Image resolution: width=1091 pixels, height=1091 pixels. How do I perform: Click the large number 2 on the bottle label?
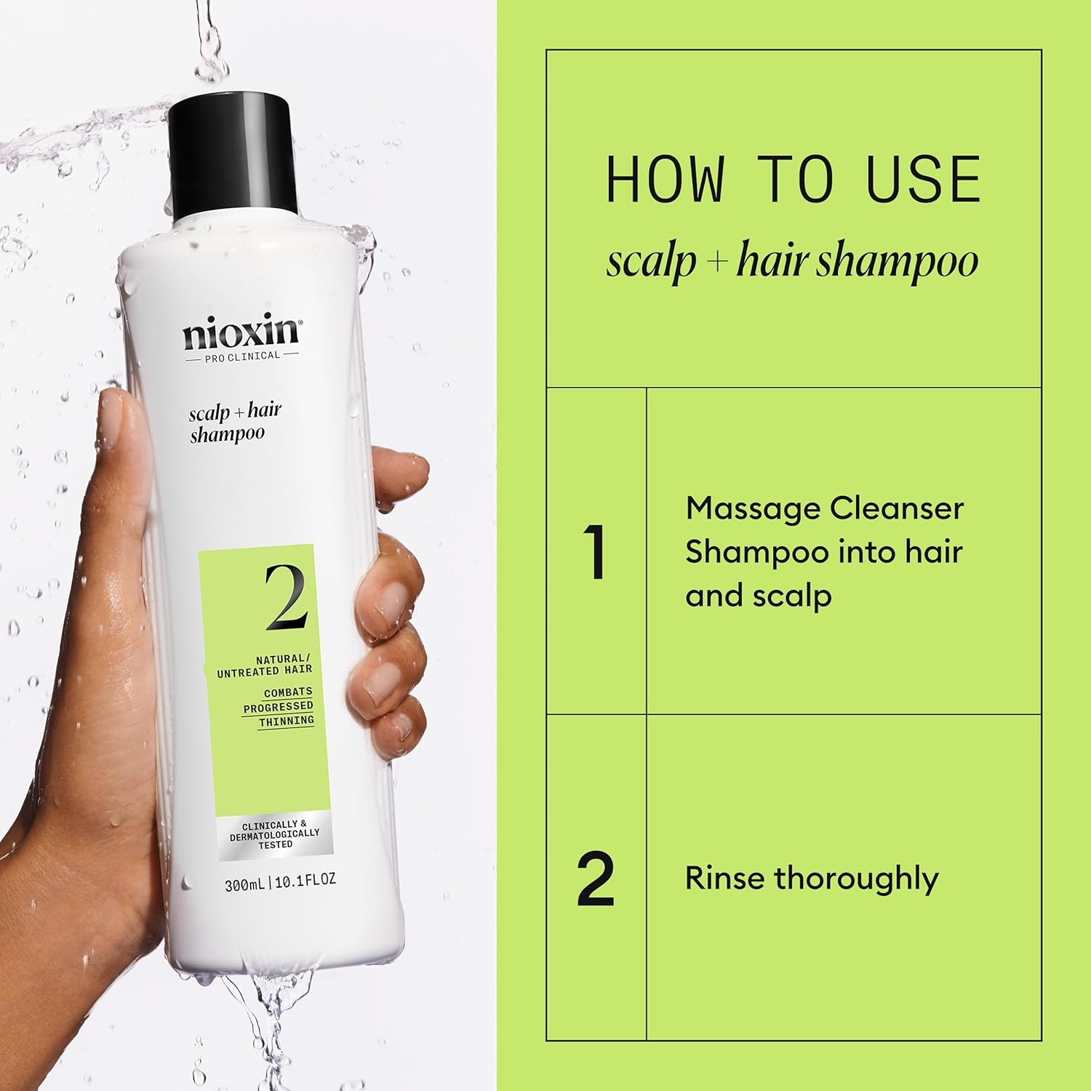click(x=286, y=596)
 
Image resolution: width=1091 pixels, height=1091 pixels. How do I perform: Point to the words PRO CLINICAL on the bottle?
click(x=241, y=356)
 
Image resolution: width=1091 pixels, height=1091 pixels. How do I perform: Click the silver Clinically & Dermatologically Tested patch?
click(x=275, y=834)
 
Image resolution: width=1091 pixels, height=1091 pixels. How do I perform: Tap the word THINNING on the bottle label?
click(x=287, y=721)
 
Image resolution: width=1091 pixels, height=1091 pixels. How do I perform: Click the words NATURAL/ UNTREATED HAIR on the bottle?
click(x=265, y=666)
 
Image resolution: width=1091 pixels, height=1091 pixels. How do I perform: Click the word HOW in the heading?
click(x=665, y=179)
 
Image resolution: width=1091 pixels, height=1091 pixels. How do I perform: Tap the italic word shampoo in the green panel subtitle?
click(x=896, y=261)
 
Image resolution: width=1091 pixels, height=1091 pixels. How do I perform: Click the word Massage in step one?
click(x=748, y=509)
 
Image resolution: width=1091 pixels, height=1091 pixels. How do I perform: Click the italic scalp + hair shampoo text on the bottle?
click(x=234, y=423)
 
